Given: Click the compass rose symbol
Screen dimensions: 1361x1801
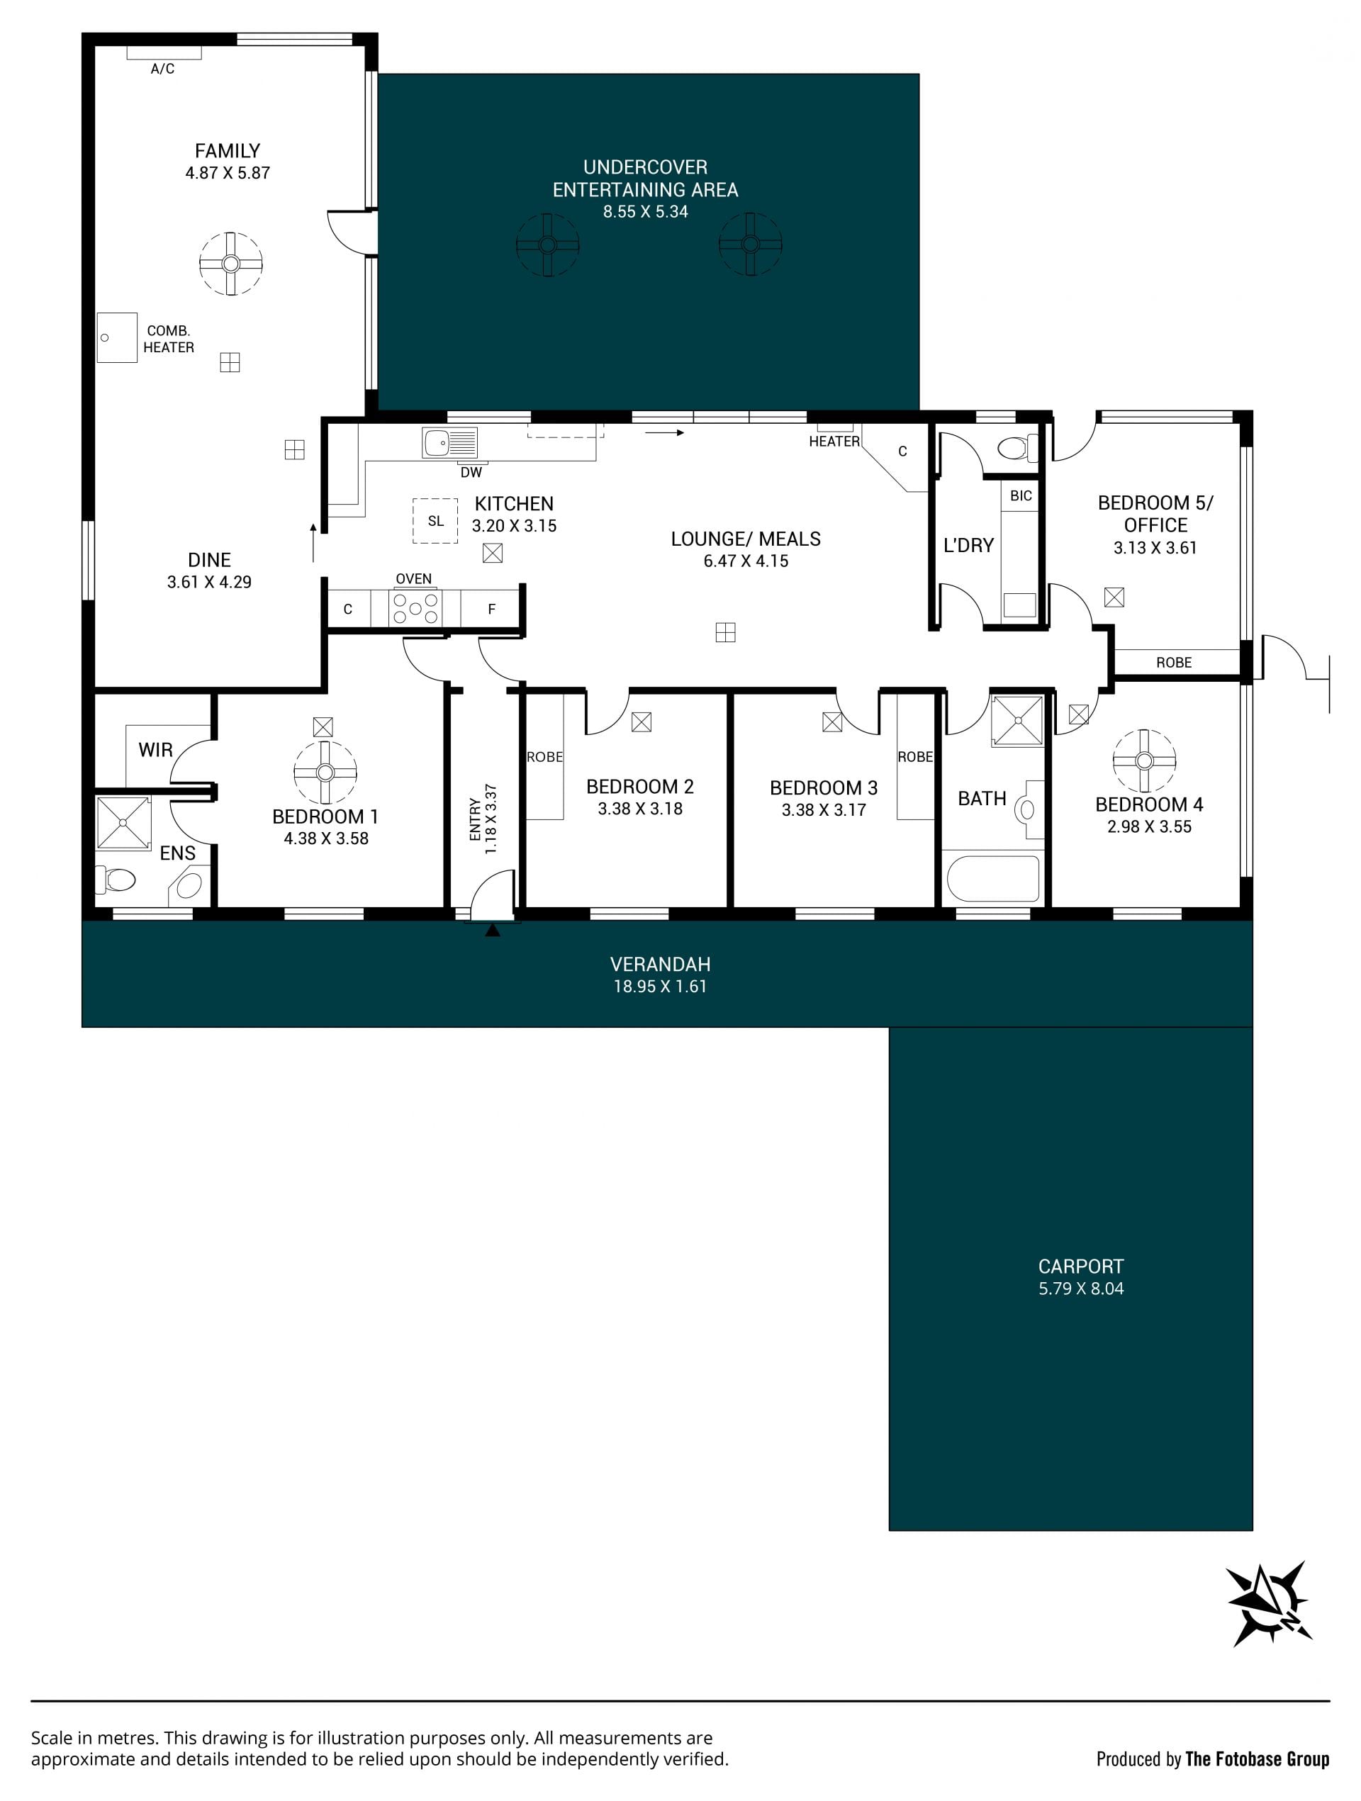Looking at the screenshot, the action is [1269, 1604].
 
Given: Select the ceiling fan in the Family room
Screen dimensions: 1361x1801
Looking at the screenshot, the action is [231, 264].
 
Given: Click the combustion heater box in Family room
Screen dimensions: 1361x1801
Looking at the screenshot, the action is [117, 337].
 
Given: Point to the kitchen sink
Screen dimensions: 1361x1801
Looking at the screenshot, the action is [449, 444].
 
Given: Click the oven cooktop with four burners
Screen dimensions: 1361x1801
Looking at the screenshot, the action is [415, 608].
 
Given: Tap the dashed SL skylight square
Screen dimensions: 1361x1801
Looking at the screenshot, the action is [436, 521].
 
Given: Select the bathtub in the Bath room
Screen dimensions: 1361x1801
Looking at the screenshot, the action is [994, 877].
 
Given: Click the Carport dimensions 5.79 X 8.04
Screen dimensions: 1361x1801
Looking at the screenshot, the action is [1081, 1288].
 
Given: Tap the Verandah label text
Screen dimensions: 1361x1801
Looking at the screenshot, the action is [661, 964].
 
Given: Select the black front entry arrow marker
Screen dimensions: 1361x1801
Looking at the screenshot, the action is [492, 929].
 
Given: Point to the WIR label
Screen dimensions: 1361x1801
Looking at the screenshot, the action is [155, 750].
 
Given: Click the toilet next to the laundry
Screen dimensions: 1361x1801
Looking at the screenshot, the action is [1018, 448].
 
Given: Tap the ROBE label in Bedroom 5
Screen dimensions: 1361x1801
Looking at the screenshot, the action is [1174, 663].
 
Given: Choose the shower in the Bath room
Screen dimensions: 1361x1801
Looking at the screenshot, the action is [1017, 721].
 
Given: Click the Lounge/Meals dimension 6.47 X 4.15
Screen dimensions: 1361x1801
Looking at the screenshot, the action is [746, 561].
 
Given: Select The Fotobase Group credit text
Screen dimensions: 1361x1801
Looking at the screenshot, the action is [1258, 1759].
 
